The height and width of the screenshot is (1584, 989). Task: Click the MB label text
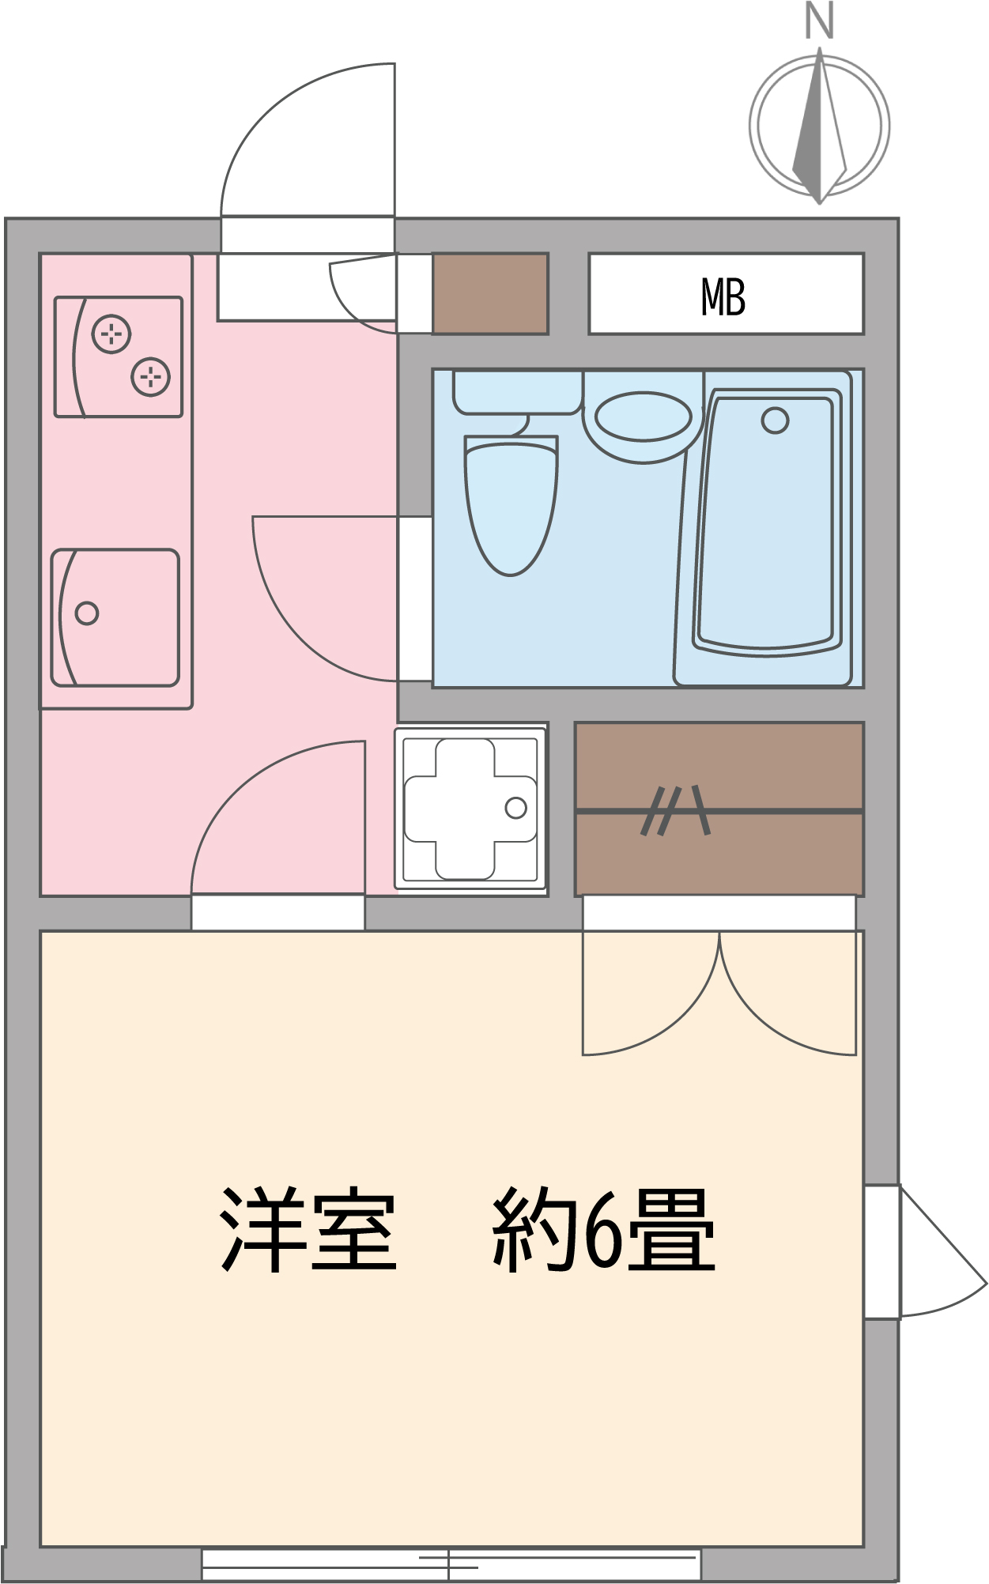[x=723, y=297]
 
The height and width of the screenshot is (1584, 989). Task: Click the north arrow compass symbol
[x=820, y=126]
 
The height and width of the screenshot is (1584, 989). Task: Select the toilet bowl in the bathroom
[x=511, y=506]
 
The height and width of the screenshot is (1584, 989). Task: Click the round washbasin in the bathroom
[x=643, y=417]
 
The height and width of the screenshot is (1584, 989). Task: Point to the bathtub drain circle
[x=775, y=421]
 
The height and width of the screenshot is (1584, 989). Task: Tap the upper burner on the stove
[x=111, y=334]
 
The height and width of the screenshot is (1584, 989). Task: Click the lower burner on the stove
[x=150, y=376]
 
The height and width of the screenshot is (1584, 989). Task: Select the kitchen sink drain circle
[x=87, y=613]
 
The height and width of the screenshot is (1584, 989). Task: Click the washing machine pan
[x=471, y=809]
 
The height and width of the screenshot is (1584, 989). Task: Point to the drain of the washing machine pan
[x=515, y=808]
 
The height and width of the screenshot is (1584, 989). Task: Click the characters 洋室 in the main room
[x=308, y=1230]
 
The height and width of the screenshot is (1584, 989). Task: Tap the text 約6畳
[x=603, y=1230]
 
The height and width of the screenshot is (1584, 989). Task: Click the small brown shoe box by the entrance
[x=490, y=293]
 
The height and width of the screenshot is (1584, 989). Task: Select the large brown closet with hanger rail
[x=719, y=809]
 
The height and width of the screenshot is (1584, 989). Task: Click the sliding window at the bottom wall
[x=451, y=1563]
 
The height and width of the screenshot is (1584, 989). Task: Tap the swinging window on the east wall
[x=925, y=1251]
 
